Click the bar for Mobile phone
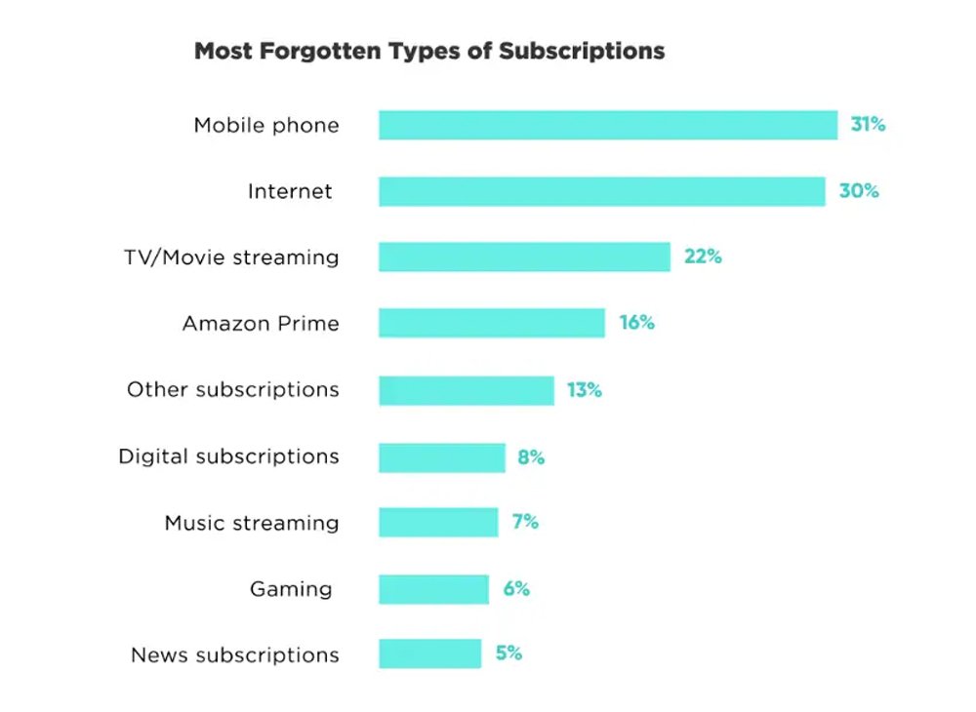607,125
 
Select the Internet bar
601,191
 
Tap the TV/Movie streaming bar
524,257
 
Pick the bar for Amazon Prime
491,323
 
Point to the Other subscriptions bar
466,390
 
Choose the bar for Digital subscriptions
441,456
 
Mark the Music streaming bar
437,522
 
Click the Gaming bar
433,589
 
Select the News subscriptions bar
429,653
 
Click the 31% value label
867,125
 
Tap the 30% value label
859,191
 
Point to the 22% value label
702,257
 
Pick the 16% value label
636,323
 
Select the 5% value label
508,653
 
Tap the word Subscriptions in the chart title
582,51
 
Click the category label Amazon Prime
261,323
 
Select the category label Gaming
290,589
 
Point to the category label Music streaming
252,523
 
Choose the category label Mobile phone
266,125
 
